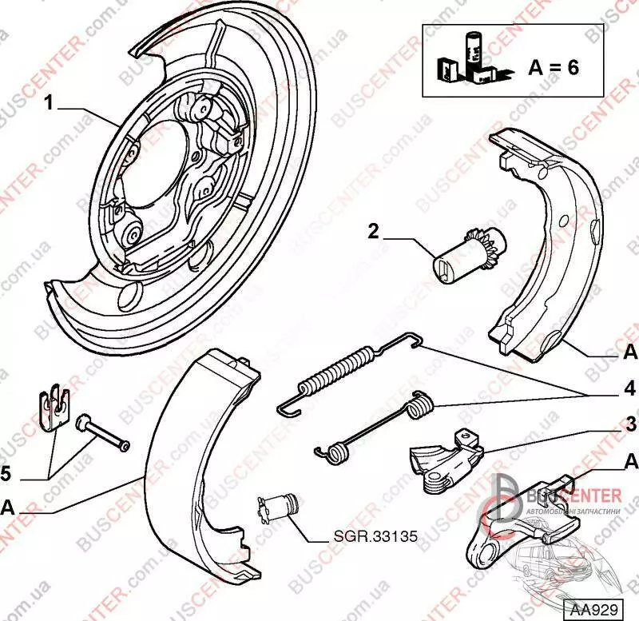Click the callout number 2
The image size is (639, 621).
tap(373, 233)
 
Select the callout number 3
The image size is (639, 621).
tap(630, 424)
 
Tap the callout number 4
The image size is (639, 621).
tap(630, 389)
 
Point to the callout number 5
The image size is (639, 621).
tap(7, 475)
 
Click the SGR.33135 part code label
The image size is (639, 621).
tap(374, 537)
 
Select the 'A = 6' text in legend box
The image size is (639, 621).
tap(554, 66)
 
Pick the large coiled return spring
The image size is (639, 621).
tap(335, 369)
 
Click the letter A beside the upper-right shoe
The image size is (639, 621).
tap(629, 352)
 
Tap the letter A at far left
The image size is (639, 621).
tap(7, 506)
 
